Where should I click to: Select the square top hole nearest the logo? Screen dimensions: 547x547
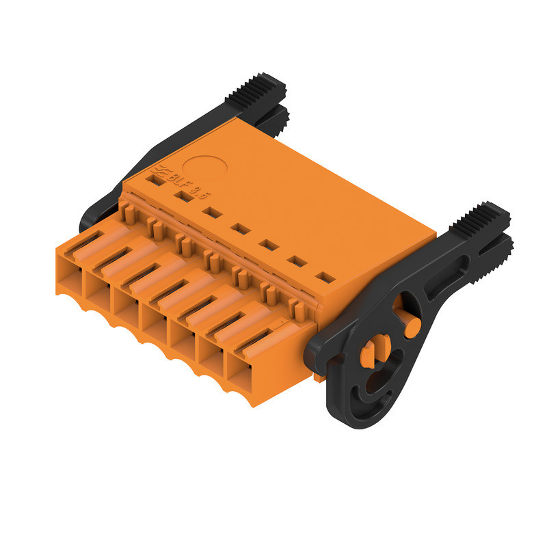coord(156,181)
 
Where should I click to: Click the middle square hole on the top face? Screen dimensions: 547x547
coord(239,228)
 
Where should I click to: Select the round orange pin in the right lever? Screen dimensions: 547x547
coord(412,326)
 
